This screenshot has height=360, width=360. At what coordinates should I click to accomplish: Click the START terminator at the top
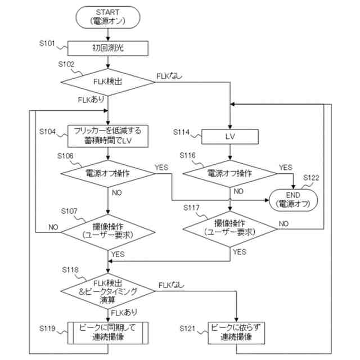107,17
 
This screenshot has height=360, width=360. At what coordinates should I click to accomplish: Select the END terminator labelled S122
293,200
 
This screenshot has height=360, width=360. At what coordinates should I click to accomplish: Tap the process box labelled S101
107,48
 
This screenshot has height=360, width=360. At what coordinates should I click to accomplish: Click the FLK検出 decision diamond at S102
107,82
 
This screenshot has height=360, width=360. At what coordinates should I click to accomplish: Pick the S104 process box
107,136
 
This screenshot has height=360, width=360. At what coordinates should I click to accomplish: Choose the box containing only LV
230,137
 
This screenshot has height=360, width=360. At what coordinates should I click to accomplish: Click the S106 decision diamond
107,174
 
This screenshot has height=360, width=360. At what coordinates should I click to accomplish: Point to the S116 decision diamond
230,174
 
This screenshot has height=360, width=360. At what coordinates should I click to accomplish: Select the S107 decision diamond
107,232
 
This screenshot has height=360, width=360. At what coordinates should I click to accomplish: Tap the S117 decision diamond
230,229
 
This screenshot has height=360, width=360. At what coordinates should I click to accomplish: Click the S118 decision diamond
107,291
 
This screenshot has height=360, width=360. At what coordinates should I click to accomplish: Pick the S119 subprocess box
107,332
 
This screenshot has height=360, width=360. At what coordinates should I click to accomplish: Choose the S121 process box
236,332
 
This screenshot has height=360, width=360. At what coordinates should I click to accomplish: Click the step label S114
181,132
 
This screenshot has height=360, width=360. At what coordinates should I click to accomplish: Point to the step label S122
311,178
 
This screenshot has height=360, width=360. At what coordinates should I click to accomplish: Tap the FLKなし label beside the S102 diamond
169,76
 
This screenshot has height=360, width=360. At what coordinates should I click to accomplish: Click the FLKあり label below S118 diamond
124,313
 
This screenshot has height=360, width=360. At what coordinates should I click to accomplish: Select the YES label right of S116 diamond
286,168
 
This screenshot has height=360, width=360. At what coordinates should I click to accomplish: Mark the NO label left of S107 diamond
53,227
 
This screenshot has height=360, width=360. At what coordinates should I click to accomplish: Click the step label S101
47,43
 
